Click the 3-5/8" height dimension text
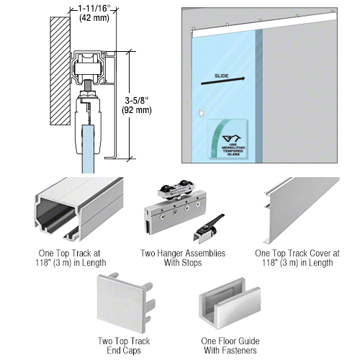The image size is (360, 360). coord(148,101)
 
